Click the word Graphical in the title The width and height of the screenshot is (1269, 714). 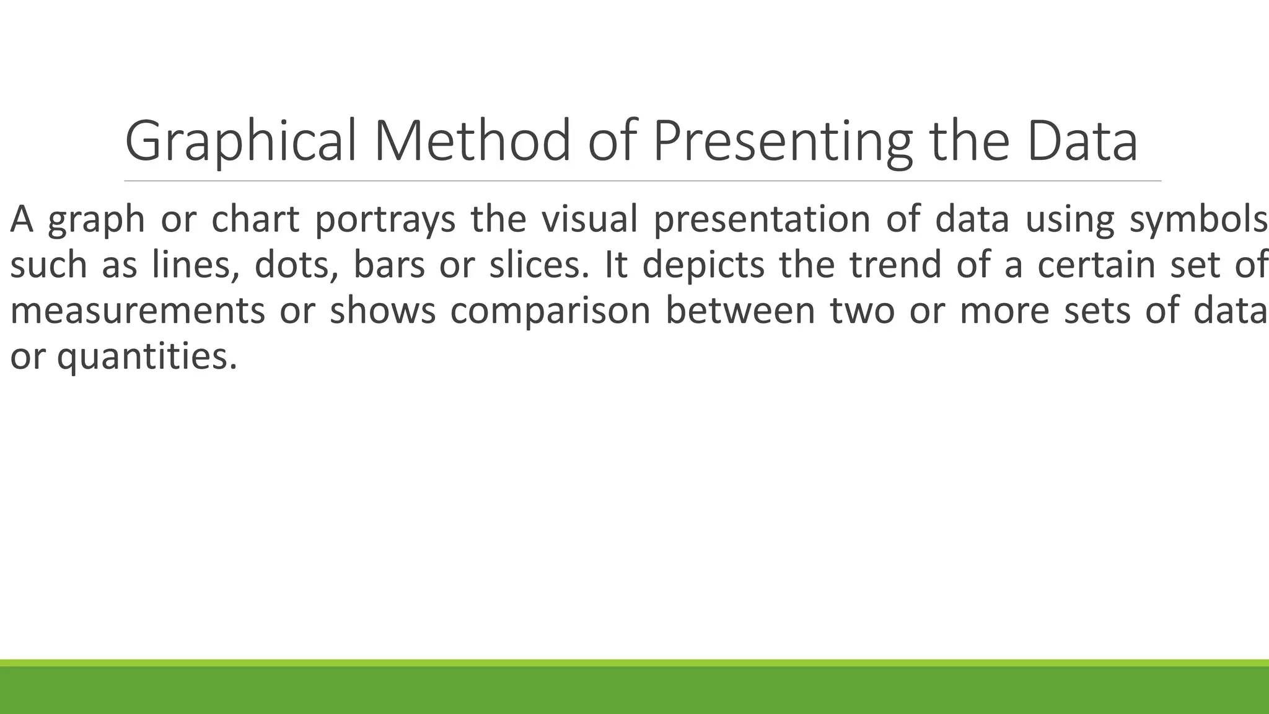[240, 142]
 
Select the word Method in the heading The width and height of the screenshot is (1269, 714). [472, 142]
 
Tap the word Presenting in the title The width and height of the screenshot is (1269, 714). [782, 142]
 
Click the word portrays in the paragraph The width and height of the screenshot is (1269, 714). [385, 220]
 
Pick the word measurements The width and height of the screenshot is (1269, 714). [138, 311]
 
